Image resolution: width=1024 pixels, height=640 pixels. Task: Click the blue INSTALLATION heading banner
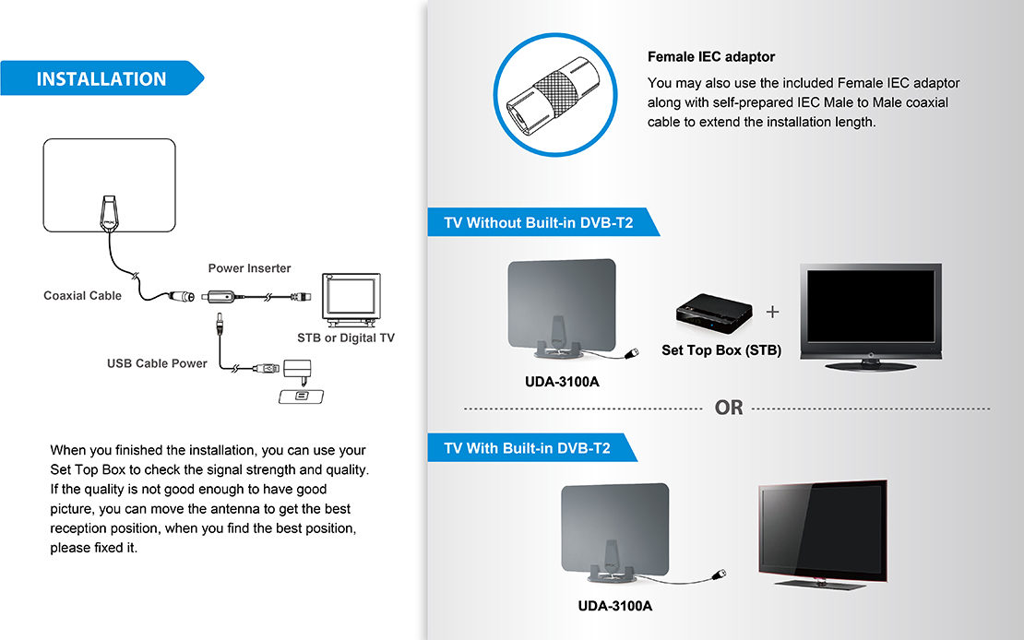tap(101, 79)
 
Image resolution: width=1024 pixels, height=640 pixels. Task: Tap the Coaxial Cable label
tap(82, 296)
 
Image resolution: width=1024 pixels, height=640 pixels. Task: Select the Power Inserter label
tap(249, 268)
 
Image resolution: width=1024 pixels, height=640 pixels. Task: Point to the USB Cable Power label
tap(157, 363)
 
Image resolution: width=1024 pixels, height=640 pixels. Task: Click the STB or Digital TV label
tap(345, 338)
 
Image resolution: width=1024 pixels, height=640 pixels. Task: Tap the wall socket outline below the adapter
tap(303, 396)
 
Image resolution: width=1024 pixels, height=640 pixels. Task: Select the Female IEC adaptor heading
tap(711, 57)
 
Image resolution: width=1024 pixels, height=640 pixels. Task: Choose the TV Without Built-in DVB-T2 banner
tap(539, 223)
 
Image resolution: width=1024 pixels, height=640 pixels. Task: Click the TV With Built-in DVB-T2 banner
tap(528, 449)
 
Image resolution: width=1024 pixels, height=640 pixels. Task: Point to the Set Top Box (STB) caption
tap(721, 350)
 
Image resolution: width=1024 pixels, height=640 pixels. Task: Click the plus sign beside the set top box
tap(772, 312)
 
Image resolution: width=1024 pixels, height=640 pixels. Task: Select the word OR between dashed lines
tap(729, 408)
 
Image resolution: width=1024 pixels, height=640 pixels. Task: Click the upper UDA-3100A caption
tap(554, 382)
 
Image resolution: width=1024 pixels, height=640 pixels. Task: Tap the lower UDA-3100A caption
tap(614, 606)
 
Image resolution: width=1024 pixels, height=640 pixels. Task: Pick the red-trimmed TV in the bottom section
tap(823, 532)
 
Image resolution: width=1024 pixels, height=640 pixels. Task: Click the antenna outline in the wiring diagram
tap(109, 184)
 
